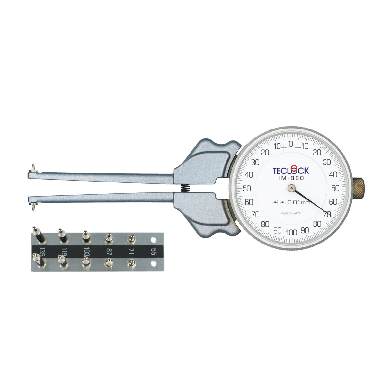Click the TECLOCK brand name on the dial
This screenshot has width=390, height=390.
(290, 170)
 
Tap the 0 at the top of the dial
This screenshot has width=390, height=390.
(291, 144)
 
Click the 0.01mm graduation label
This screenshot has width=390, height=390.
(298, 202)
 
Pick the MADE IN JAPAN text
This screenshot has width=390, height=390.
(291, 213)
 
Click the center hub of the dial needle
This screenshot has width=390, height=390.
(291, 189)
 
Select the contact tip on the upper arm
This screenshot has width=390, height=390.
(33, 168)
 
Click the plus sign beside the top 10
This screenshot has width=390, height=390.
(283, 148)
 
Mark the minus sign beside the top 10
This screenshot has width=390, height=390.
(298, 148)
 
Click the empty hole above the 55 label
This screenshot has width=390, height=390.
(154, 239)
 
